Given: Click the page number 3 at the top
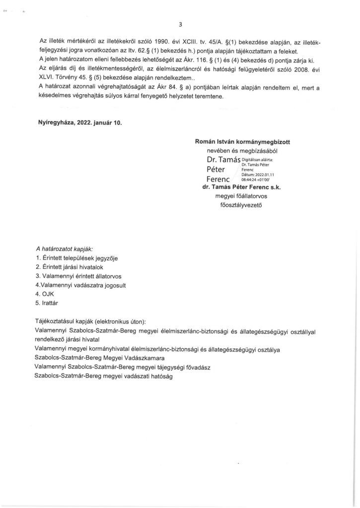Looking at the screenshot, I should tap(180, 24).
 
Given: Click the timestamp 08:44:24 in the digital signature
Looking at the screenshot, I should tap(250, 180).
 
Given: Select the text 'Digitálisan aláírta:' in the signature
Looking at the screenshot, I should tap(257, 159).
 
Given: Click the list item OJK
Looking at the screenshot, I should tap(48, 293).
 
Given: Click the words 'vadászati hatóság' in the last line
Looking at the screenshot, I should tap(144, 376).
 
